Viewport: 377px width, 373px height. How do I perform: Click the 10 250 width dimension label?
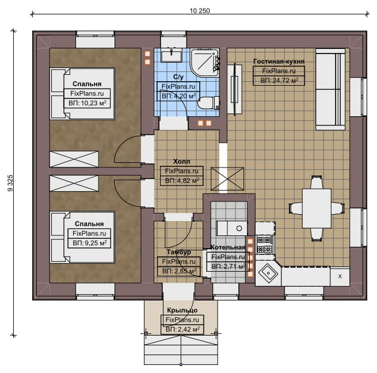coord(200,11)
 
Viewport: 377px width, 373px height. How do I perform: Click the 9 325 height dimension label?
coord(10,183)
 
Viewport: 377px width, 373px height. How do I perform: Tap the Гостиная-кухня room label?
coord(279,62)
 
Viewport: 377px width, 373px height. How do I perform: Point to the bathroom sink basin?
coord(172,56)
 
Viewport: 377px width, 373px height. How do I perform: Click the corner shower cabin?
coord(205,63)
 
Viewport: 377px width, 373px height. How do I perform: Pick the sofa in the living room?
coord(330,89)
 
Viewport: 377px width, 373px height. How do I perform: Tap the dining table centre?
coord(317,208)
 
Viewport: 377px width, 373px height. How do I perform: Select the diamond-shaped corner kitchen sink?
coord(268,273)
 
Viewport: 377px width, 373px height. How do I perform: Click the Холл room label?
coord(181,161)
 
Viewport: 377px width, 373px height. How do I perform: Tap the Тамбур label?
coord(179,252)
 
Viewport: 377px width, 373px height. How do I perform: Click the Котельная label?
coord(228,247)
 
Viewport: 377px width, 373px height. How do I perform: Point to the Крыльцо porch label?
coord(182,310)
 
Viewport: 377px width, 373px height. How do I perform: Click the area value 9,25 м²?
coord(89,243)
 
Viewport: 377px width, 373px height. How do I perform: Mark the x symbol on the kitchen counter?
coord(340,276)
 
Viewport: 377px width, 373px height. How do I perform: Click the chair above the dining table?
coord(316,182)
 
